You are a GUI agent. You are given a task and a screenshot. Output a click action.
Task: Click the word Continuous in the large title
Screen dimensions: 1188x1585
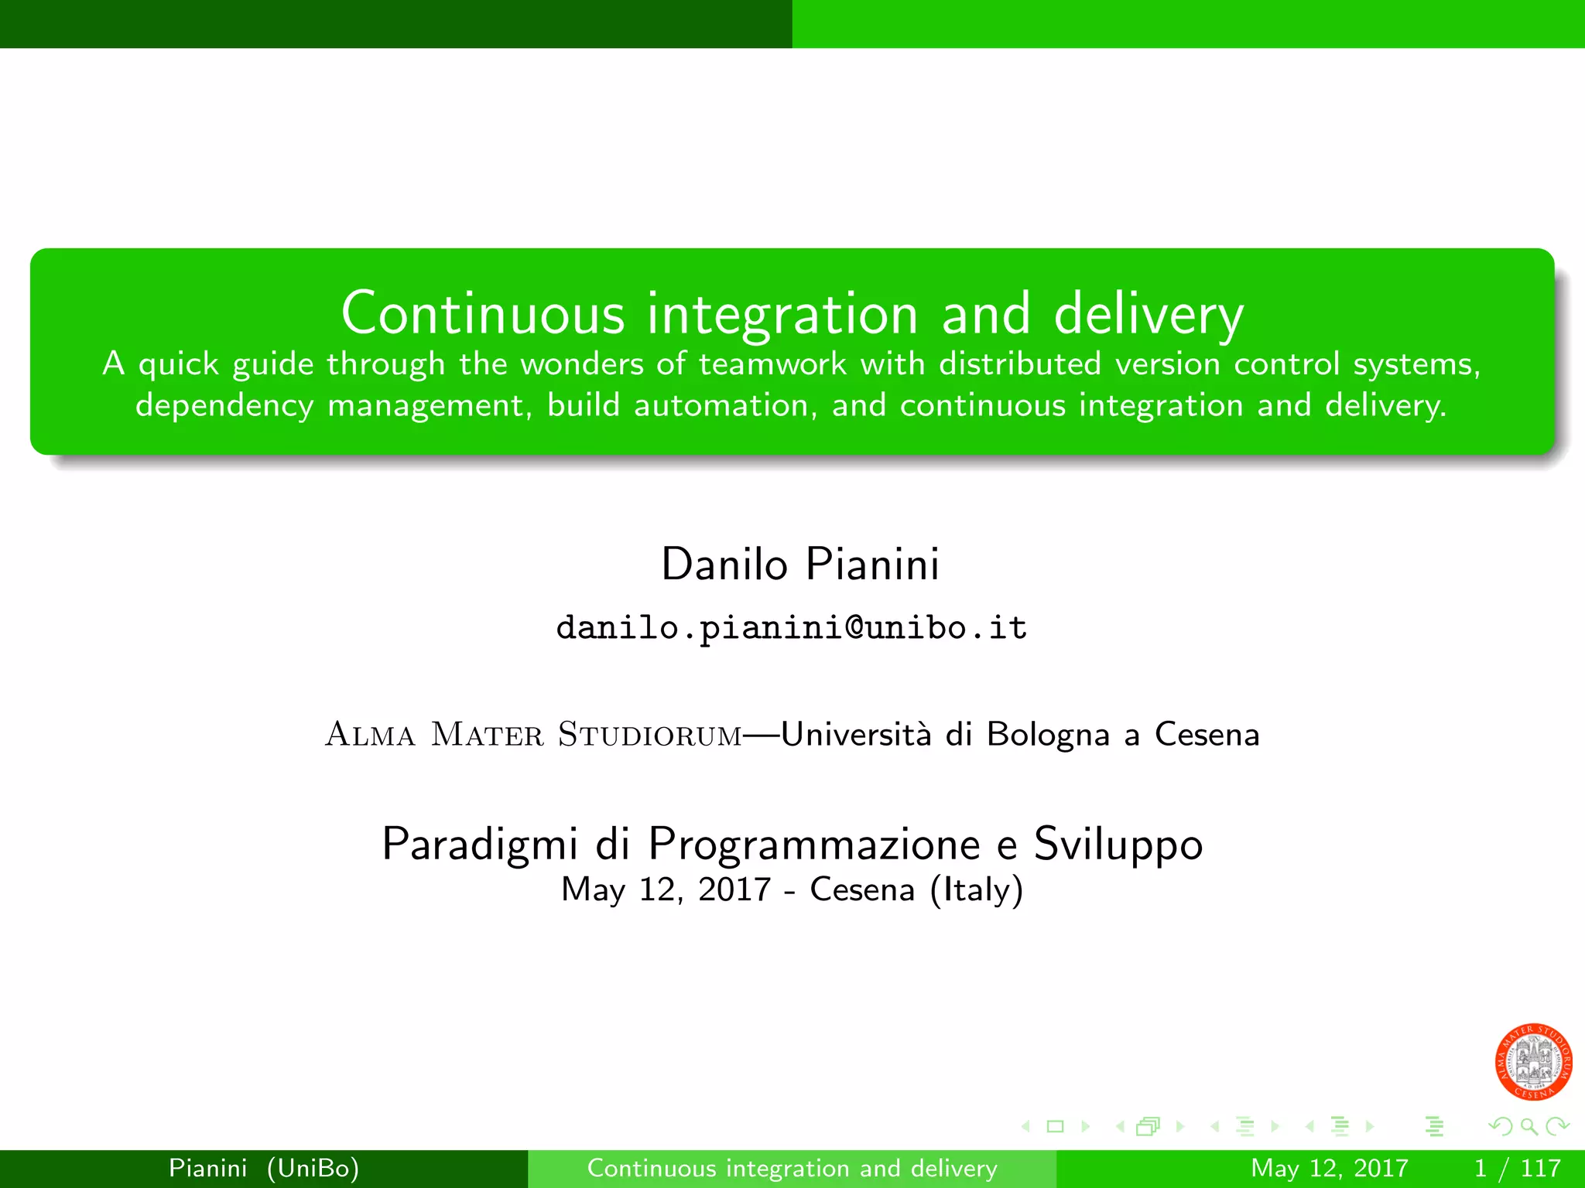pyautogui.click(x=483, y=314)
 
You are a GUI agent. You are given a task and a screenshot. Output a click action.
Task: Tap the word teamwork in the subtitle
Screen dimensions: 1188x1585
pyautogui.click(x=772, y=364)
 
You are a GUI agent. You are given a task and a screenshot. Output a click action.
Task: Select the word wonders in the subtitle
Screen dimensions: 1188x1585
pyautogui.click(x=581, y=364)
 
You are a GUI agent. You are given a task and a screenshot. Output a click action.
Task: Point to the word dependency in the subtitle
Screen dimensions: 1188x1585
pyautogui.click(x=224, y=406)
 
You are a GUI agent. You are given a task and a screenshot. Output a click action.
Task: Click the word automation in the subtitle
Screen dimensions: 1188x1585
pyautogui.click(x=721, y=406)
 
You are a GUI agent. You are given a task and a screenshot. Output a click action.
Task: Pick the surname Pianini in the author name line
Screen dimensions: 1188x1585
pyautogui.click(x=872, y=564)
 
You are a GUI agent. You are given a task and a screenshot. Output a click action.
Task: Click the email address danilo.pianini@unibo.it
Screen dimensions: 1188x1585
pyautogui.click(x=792, y=627)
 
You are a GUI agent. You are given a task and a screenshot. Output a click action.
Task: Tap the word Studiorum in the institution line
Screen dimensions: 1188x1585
pyautogui.click(x=650, y=735)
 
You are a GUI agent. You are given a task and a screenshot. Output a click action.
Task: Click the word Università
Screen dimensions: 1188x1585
pyautogui.click(x=857, y=734)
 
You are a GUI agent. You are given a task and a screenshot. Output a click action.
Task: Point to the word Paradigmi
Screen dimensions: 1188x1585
pyautogui.click(x=480, y=844)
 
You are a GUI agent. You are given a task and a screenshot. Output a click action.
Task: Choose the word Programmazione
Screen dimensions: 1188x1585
pyautogui.click(x=815, y=844)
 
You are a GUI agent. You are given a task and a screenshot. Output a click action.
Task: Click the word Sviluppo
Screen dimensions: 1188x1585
pyautogui.click(x=1118, y=844)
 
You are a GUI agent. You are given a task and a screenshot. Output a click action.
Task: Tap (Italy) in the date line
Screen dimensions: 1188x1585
pyautogui.click(x=977, y=890)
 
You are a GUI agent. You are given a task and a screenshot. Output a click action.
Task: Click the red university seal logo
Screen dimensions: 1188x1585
pyautogui.click(x=1533, y=1062)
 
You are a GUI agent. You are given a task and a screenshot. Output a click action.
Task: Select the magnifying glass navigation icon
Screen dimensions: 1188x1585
pyautogui.click(x=1529, y=1127)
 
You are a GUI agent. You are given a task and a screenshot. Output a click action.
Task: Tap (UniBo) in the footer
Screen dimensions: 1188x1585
pyautogui.click(x=313, y=1168)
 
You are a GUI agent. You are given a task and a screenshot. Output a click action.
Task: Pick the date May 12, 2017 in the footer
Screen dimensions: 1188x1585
pyautogui.click(x=1329, y=1168)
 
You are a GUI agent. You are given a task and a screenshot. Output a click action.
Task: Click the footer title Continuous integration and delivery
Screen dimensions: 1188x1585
pyautogui.click(x=792, y=1168)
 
